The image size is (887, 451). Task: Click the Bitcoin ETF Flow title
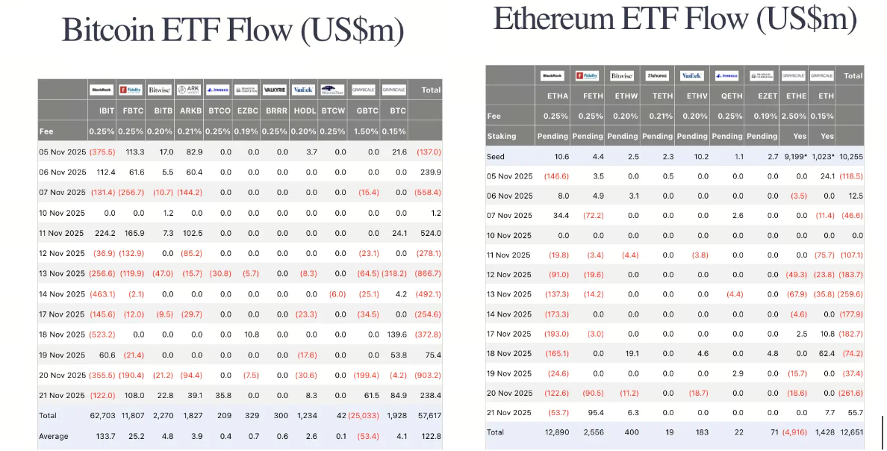(233, 31)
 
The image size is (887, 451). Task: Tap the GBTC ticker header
(367, 110)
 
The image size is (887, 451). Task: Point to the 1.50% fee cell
(367, 131)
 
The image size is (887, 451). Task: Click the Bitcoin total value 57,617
(429, 415)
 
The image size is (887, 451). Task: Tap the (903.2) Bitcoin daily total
(427, 375)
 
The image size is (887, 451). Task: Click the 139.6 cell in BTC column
(396, 335)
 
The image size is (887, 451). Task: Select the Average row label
(54, 436)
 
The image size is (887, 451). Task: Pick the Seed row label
(496, 157)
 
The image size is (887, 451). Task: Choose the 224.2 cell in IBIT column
(105, 233)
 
